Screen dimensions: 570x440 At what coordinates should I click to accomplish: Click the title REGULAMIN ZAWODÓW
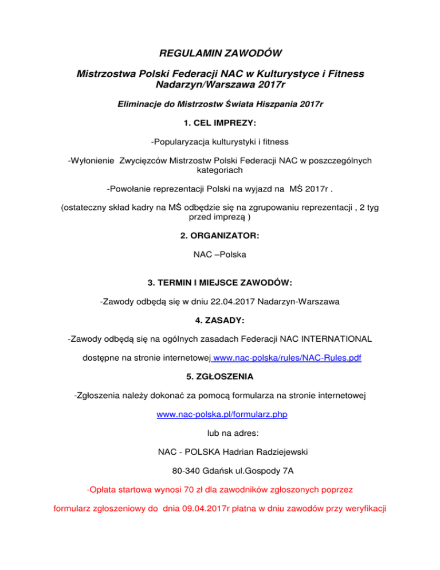(x=219, y=55)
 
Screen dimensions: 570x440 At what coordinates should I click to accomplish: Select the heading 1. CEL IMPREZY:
(x=219, y=123)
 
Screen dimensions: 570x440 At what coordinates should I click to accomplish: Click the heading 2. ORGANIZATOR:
(x=219, y=235)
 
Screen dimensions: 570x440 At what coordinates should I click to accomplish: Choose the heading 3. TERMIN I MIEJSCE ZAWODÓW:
(x=219, y=283)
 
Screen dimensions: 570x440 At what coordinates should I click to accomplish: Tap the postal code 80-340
(x=186, y=471)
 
